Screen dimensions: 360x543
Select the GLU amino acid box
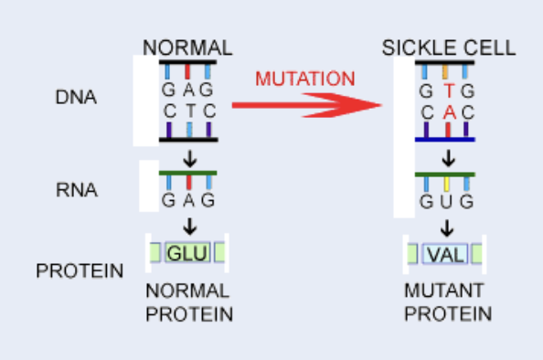pos(187,253)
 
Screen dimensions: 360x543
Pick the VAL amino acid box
pos(446,254)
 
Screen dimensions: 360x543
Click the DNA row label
pos(75,99)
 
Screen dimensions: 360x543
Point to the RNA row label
pos(75,191)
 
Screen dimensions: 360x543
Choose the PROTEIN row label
pos(80,270)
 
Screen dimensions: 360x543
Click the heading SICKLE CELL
pos(449,48)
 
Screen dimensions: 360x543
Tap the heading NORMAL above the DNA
pos(188,48)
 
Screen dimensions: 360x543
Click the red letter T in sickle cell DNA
pos(447,91)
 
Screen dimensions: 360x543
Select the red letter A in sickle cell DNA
pos(447,111)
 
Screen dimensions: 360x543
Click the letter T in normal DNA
pos(188,111)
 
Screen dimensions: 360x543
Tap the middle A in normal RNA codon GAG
pos(188,200)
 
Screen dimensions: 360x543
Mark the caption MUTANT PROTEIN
pos(448,303)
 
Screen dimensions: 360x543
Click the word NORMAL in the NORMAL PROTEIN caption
pos(188,291)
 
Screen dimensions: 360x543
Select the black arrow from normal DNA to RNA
pos(189,157)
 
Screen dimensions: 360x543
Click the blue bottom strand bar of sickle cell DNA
pos(446,140)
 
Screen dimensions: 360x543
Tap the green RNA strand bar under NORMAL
pos(187,173)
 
